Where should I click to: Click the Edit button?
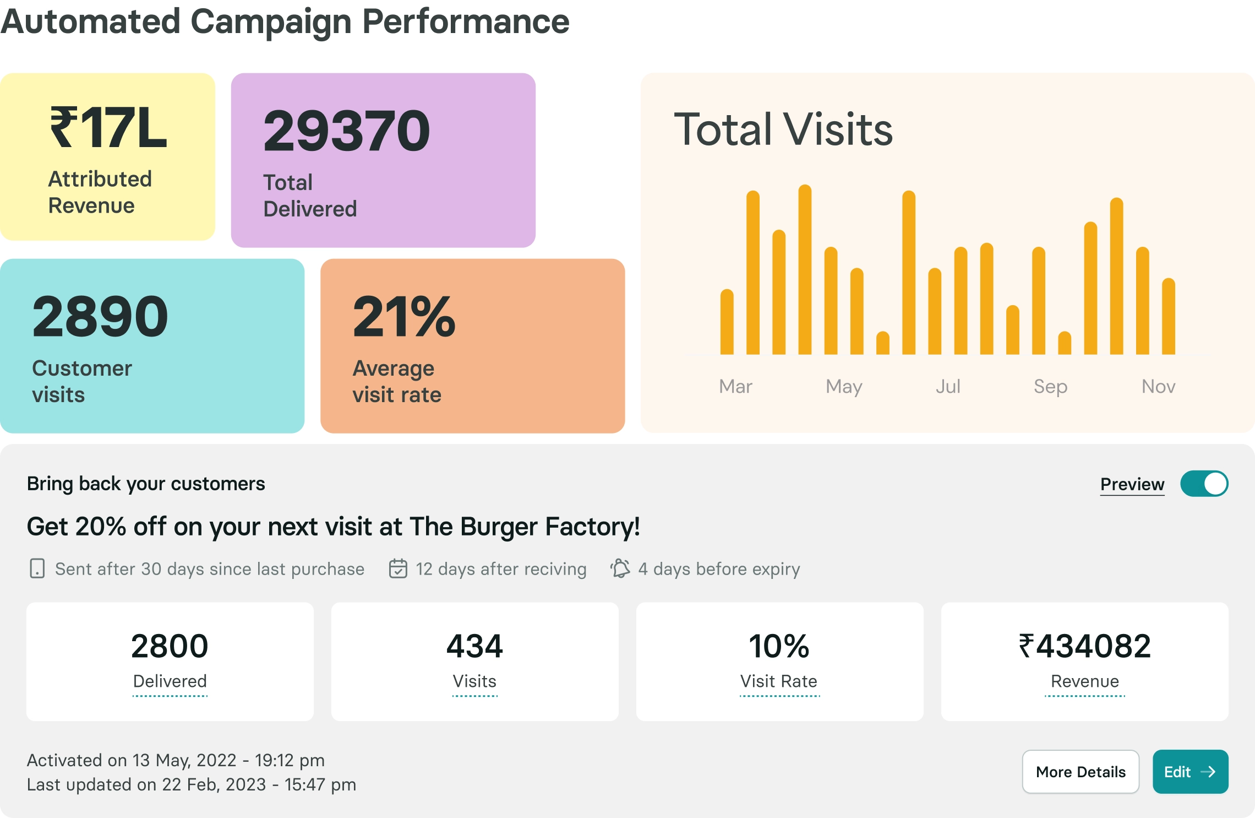pos(1190,771)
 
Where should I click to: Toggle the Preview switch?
pos(1204,484)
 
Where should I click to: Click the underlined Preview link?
pos(1132,484)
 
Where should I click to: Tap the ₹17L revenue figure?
pos(108,128)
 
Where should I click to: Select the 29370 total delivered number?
pos(346,131)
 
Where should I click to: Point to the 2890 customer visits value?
pos(100,317)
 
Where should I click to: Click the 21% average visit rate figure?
pos(404,317)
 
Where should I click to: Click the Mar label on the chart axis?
pos(735,386)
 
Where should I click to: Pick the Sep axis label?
pos(1050,386)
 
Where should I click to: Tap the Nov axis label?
pos(1158,386)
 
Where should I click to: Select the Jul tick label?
pos(948,386)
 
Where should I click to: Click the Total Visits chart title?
pos(783,129)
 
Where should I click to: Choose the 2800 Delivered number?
pos(170,646)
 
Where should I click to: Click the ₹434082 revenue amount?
pos(1084,646)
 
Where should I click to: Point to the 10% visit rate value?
pos(779,646)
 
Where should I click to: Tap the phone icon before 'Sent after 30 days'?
pos(37,568)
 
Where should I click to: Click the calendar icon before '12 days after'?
pos(398,568)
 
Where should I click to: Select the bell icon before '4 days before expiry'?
pos(620,568)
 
